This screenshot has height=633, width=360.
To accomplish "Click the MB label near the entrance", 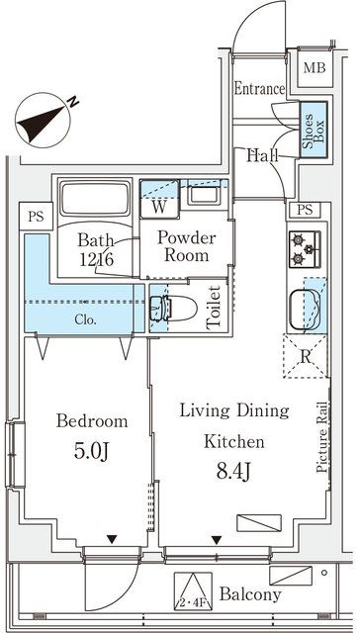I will point(315,67).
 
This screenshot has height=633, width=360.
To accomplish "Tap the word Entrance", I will point(259,89).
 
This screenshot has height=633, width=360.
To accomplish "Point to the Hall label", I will point(262,155).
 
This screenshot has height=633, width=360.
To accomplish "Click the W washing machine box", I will point(158,207).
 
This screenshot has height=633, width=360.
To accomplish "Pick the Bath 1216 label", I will point(98,248).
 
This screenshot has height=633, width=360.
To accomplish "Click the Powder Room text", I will point(187,244).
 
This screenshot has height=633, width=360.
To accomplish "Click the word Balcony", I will point(251,594).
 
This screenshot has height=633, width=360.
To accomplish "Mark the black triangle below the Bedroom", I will point(112,540).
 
